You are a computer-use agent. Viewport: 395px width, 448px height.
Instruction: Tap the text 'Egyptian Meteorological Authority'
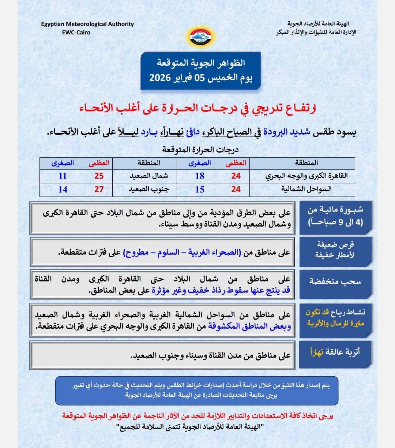(87, 24)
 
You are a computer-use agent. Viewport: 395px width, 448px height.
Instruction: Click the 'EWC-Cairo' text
(76, 32)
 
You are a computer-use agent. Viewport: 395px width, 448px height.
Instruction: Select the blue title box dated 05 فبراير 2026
(201, 71)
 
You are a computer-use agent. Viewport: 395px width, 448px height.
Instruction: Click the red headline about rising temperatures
(198, 108)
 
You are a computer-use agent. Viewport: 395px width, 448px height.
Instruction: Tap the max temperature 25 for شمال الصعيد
(99, 176)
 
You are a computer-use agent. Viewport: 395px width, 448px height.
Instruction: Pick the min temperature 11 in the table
(63, 176)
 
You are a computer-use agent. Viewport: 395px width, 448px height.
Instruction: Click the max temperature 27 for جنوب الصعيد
(99, 190)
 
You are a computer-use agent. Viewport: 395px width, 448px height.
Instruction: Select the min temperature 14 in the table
(63, 190)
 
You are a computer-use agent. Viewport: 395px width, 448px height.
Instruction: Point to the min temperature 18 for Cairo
(200, 176)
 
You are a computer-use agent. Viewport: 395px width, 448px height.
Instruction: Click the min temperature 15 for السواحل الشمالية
(200, 190)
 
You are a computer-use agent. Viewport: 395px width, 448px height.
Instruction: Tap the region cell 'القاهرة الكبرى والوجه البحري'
(306, 176)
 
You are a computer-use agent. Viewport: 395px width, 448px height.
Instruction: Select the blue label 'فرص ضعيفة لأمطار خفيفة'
(335, 250)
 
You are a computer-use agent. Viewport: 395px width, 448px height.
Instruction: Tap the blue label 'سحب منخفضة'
(335, 281)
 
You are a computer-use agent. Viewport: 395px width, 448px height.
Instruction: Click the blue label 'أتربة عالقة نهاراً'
(335, 352)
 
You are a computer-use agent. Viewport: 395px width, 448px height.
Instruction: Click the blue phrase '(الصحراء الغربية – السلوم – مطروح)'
(182, 253)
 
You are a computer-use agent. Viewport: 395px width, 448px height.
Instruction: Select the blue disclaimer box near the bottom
(197, 390)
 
